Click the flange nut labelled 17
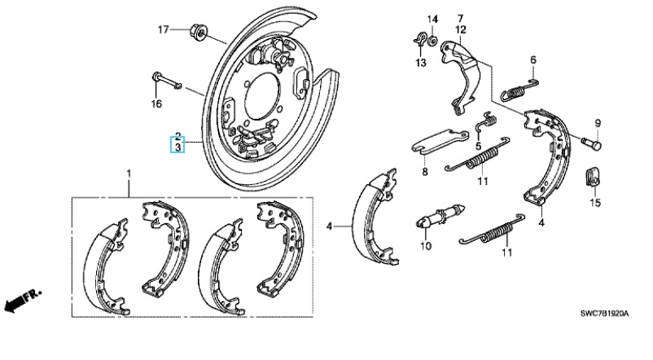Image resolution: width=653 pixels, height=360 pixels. click(x=198, y=33)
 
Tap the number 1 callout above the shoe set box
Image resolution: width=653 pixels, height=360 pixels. click(x=128, y=174)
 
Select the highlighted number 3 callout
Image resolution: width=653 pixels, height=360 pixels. click(x=177, y=147)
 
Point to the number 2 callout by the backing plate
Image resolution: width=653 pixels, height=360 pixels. click(x=177, y=135)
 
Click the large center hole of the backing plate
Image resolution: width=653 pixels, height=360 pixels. click(x=261, y=89)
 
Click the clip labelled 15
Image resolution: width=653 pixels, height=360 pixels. click(x=594, y=175)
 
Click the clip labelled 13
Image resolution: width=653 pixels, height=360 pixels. click(x=419, y=37)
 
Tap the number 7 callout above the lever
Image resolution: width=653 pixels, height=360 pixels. click(x=459, y=18)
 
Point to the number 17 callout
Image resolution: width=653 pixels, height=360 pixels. click(x=163, y=29)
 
